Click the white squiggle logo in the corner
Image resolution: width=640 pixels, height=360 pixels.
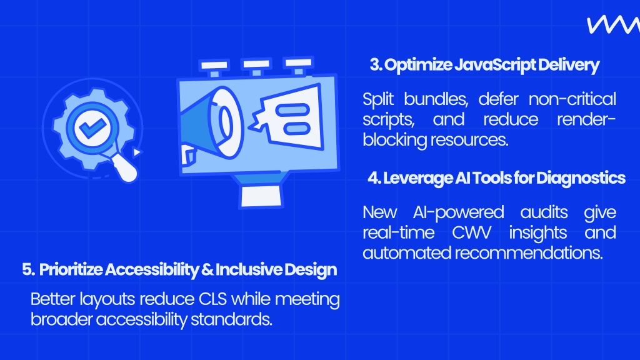coord(614,25)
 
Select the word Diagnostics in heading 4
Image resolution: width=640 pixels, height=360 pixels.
coord(581,178)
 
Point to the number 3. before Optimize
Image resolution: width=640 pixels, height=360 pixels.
coord(376,65)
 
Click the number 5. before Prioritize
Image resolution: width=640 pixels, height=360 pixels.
coord(29,270)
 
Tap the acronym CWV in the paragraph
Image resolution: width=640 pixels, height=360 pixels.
coord(471,232)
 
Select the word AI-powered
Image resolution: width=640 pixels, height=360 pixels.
coord(458,212)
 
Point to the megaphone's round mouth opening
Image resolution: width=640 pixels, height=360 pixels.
coord(224,122)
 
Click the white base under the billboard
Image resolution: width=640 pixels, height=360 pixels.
coord(262,196)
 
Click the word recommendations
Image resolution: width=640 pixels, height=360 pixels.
coord(529,253)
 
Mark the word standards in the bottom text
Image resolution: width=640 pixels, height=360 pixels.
coord(231,319)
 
